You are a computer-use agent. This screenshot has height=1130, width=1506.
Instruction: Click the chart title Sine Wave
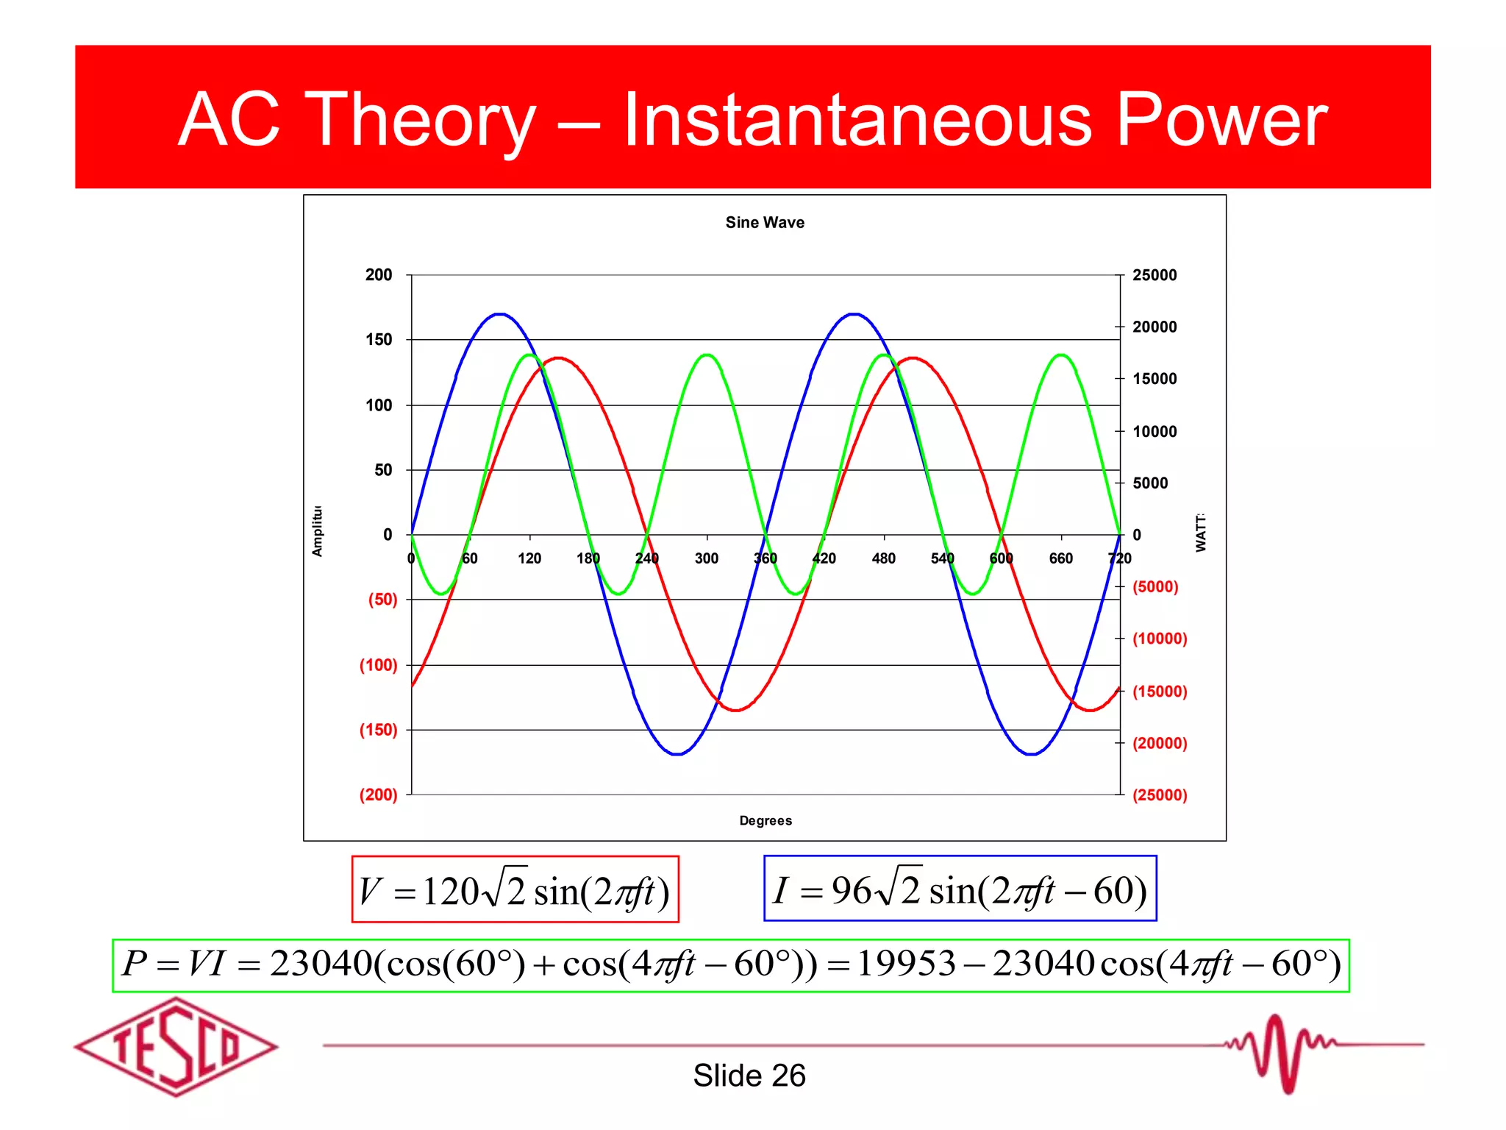[x=764, y=222]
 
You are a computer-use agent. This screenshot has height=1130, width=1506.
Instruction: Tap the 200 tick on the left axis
[x=379, y=275]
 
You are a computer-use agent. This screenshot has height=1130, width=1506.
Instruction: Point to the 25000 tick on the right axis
[x=1154, y=275]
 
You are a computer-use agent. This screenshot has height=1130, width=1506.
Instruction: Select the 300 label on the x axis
[x=706, y=558]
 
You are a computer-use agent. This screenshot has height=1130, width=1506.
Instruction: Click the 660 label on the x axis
[x=1060, y=558]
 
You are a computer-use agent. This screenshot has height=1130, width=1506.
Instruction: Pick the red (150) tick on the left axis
[x=378, y=730]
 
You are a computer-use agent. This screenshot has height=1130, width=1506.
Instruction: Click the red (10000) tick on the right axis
[x=1160, y=639]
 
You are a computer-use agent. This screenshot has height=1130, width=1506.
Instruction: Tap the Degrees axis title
[x=765, y=820]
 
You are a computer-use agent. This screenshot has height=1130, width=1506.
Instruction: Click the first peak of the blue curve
[x=500, y=314]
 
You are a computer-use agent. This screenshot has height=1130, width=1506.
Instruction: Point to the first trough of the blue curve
[x=677, y=754]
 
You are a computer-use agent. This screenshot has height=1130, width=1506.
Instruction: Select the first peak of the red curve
[x=559, y=358]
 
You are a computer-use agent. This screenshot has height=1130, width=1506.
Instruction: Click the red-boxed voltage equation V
[x=515, y=889]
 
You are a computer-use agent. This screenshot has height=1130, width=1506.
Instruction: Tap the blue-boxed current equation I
[x=960, y=889]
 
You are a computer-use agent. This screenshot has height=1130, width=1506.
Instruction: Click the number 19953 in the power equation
[x=906, y=964]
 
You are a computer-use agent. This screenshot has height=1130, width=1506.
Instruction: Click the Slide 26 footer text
[x=749, y=1076]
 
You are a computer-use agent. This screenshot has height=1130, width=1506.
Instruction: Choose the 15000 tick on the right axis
[x=1154, y=379]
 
